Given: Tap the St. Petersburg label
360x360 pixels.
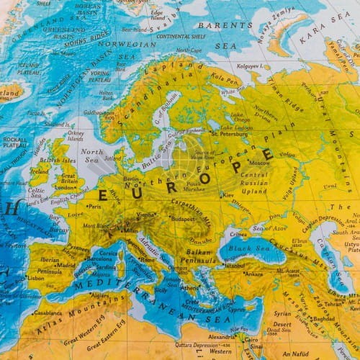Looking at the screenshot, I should coord(230,133).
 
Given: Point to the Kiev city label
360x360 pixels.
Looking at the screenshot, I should coord(228,194).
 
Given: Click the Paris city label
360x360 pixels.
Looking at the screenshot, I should coord(94,206).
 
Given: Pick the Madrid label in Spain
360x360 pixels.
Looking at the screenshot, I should coord(66,264).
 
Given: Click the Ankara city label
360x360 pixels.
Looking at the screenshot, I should coord(253,274).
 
